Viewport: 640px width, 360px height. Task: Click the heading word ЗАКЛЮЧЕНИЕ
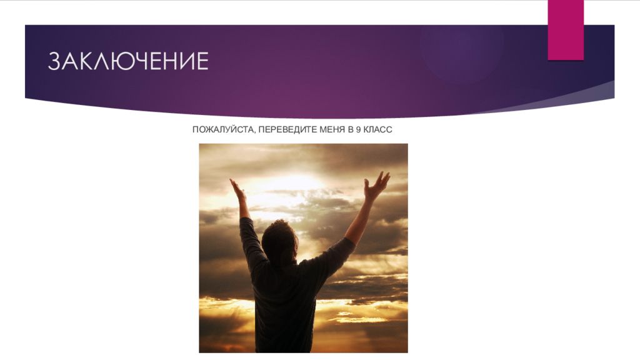tap(128, 61)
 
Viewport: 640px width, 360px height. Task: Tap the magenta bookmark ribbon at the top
tap(566, 29)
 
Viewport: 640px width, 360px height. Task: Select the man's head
tap(279, 240)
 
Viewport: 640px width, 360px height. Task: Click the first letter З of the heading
tap(55, 61)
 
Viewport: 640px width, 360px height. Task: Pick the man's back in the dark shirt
tap(284, 300)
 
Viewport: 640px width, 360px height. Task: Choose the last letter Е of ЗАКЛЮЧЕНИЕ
tap(201, 61)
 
